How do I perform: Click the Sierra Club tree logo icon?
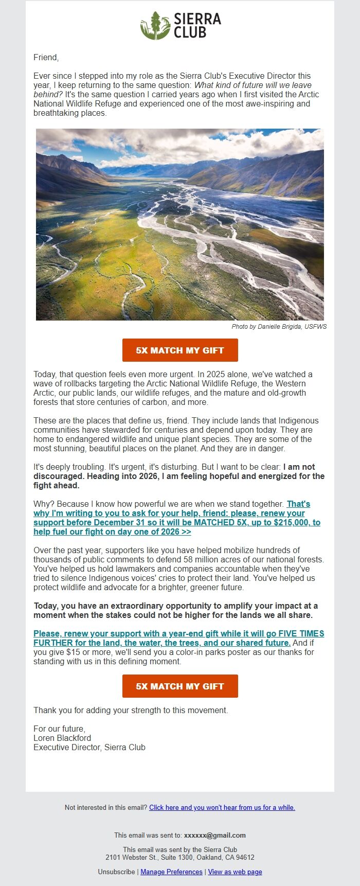coord(155,26)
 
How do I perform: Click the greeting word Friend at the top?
coord(46,57)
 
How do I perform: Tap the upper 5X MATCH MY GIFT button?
coord(180,350)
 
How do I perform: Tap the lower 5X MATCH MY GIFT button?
coord(180,686)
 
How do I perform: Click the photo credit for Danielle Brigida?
coord(279,326)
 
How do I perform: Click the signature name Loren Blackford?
coord(62,738)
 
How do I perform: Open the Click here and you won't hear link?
coord(222,807)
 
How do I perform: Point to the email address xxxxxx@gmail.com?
coord(214,835)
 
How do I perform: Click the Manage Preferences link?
coord(171,872)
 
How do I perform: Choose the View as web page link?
coord(235,872)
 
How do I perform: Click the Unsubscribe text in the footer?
coord(117,872)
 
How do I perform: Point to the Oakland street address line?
coord(180,857)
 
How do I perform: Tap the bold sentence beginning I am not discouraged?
coord(179,476)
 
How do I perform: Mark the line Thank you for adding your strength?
coord(131,710)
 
